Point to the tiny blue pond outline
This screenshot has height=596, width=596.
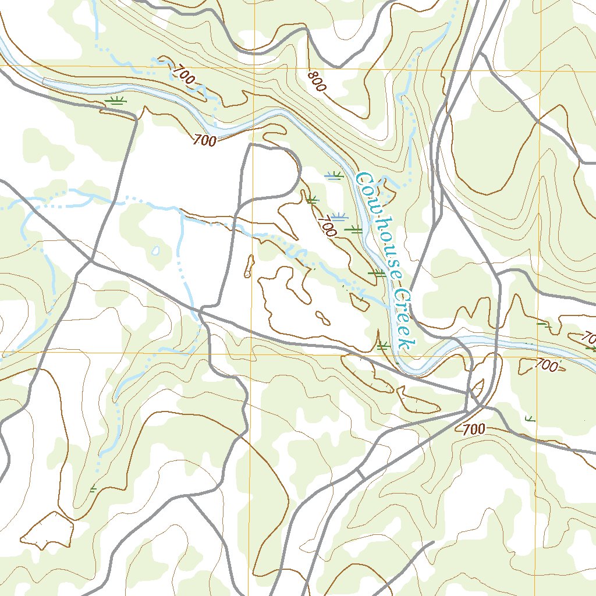(x=155, y=251)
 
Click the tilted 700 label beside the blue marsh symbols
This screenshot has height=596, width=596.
(x=328, y=225)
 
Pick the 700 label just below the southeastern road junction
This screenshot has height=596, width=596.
(x=474, y=430)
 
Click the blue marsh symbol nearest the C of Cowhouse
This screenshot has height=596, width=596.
(x=334, y=175)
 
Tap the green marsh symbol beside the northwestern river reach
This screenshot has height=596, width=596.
(x=116, y=101)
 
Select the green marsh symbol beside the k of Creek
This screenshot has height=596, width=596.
(x=382, y=346)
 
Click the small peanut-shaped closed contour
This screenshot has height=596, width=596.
(x=321, y=317)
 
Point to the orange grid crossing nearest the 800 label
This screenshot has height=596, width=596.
(x=254, y=68)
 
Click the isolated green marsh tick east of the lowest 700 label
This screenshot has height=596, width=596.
(x=530, y=418)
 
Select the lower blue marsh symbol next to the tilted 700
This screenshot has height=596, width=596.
(x=339, y=216)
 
